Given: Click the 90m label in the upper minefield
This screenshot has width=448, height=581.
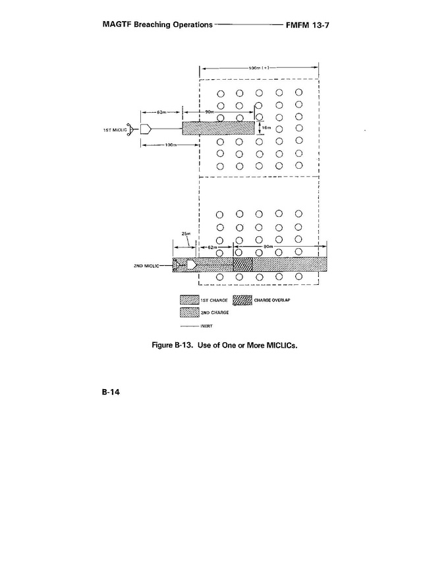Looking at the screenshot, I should tap(210, 113).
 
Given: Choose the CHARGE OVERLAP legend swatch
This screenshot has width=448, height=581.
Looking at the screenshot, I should tap(242, 300).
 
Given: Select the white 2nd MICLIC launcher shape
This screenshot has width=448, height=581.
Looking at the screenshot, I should tap(191, 264).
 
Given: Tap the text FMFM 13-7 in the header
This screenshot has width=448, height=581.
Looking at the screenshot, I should tap(312, 24).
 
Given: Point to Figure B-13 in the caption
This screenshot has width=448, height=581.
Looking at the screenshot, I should tap(173, 344).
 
